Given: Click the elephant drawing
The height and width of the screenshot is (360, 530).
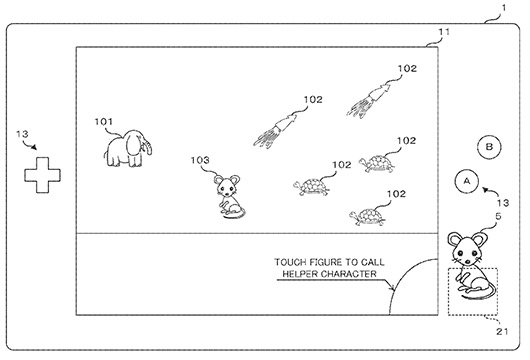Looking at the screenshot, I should point(127,148).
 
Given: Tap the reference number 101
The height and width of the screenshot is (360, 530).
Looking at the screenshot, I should point(104,123).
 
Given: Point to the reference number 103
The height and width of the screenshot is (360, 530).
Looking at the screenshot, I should point(200,160).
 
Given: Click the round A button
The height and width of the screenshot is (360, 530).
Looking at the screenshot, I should point(463,180).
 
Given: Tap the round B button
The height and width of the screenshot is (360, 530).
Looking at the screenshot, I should point(489,146).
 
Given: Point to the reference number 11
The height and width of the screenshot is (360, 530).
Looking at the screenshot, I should point(444,33).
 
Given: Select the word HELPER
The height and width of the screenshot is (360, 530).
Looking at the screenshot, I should point(295,274).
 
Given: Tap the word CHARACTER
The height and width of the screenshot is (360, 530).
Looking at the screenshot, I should point(344,274).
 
